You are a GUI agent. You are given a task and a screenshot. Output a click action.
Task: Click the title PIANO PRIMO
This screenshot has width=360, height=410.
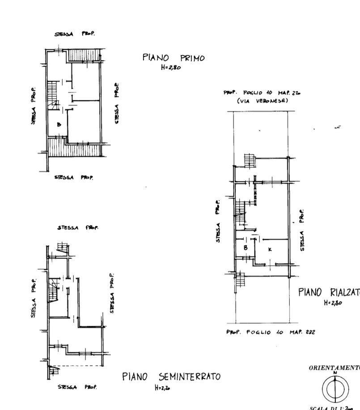click(x=174, y=58)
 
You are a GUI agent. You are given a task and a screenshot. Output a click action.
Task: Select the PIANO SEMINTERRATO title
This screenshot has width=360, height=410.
click(x=171, y=376)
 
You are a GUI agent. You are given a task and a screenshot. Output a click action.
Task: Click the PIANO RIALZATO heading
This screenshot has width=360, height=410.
click(x=329, y=292)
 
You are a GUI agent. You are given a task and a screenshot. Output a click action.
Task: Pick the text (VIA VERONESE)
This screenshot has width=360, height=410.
click(x=263, y=101)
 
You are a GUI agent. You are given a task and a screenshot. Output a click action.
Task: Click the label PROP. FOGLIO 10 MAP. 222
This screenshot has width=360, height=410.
click(x=270, y=332)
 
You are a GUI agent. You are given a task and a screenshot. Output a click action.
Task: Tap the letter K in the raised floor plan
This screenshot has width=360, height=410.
click(x=270, y=249)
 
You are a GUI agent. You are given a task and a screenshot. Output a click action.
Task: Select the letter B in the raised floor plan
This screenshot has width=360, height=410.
click(x=245, y=248)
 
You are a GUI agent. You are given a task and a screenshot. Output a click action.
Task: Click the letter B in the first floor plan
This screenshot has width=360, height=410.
click(x=59, y=125)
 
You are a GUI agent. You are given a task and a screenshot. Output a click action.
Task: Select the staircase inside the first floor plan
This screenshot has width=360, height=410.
click(x=53, y=95)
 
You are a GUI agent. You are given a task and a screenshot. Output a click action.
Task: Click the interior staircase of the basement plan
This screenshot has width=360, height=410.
click(x=54, y=289)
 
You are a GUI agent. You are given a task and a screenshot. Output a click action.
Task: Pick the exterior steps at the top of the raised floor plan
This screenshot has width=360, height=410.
click(x=249, y=160)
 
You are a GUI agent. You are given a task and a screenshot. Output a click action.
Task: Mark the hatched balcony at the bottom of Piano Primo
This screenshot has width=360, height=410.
click(x=75, y=148)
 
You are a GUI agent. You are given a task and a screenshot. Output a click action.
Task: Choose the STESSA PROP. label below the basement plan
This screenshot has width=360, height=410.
click(x=77, y=386)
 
